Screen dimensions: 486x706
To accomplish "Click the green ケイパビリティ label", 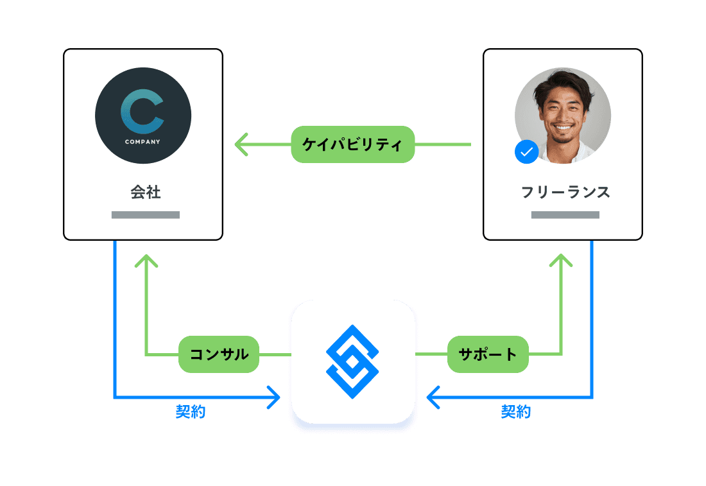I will click(x=352, y=144).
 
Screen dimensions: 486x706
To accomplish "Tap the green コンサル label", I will click(x=219, y=354).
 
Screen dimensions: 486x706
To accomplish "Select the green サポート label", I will click(x=488, y=354).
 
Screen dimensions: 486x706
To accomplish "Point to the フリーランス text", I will click(x=565, y=192).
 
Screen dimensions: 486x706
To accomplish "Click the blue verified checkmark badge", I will click(x=526, y=152).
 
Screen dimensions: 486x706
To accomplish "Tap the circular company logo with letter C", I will click(x=143, y=116).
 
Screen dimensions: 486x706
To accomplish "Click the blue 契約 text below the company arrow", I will click(x=191, y=412).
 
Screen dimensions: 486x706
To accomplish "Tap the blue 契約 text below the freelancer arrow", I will click(x=516, y=412).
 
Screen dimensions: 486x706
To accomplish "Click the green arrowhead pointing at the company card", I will click(x=240, y=144).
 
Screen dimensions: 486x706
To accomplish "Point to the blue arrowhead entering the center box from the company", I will click(x=276, y=397).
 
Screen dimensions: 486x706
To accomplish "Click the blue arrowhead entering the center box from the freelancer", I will click(x=431, y=397).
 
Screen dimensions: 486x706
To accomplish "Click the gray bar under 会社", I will click(x=145, y=214).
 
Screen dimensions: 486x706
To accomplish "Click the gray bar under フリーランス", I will click(x=565, y=214).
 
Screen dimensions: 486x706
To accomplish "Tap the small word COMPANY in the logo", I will click(x=142, y=141).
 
